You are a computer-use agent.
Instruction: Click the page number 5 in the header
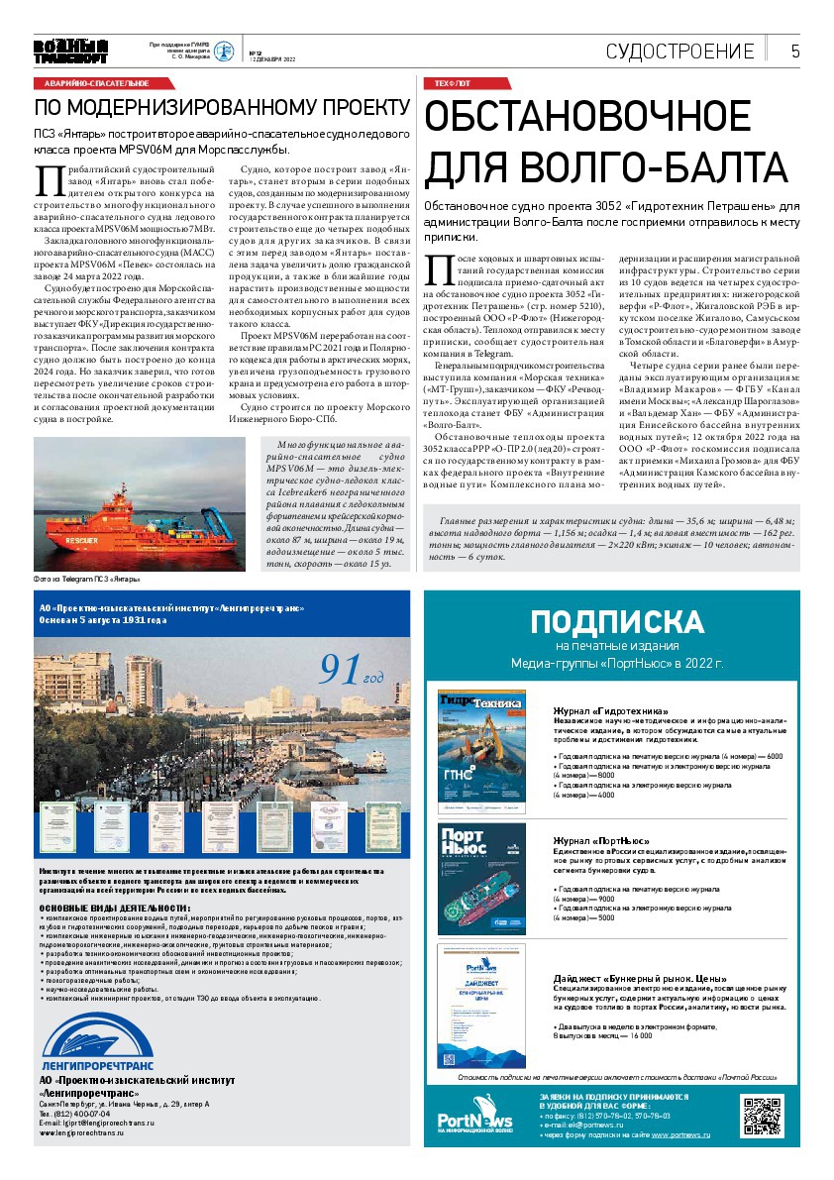pyautogui.click(x=795, y=52)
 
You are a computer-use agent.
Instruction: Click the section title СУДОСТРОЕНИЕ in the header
pyautogui.click(x=679, y=52)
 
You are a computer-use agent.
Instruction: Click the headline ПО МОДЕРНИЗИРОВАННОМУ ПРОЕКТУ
pyautogui.click(x=222, y=107)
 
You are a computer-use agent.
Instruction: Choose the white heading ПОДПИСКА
pyautogui.click(x=616, y=622)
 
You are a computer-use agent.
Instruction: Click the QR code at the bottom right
pyautogui.click(x=763, y=1116)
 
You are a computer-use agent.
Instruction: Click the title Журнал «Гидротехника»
pyautogui.click(x=610, y=711)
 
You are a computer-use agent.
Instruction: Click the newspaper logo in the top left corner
pyautogui.click(x=69, y=52)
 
